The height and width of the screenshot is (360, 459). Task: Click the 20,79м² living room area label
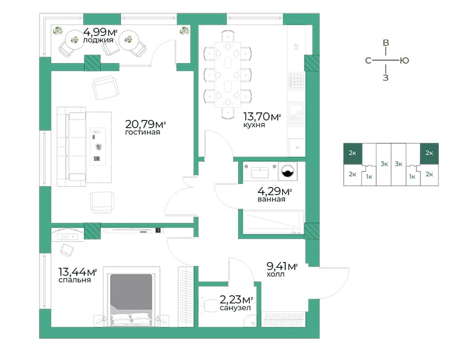point(146,124)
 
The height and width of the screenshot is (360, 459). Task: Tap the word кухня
point(254,125)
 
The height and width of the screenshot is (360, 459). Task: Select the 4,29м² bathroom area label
point(274,191)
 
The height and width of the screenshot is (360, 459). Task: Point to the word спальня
point(75,280)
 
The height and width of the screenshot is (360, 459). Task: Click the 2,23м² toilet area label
point(236,299)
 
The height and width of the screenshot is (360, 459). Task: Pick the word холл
point(275,275)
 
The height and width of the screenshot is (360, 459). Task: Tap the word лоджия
point(98,40)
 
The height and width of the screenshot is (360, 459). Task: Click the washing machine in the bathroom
point(287,171)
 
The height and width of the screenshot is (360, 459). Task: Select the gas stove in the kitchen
point(296,81)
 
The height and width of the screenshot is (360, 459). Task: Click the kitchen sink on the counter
point(296,115)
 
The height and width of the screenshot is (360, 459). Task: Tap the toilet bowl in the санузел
point(208,306)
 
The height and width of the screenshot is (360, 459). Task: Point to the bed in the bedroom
point(131,300)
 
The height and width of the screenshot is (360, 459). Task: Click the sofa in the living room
point(72,147)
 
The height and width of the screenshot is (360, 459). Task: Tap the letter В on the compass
point(386,43)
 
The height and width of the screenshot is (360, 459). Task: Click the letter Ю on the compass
point(404,61)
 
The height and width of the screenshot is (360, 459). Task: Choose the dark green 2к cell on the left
point(353,153)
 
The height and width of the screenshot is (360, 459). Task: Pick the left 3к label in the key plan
point(384,164)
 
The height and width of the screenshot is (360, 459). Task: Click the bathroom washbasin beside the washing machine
point(260,173)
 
